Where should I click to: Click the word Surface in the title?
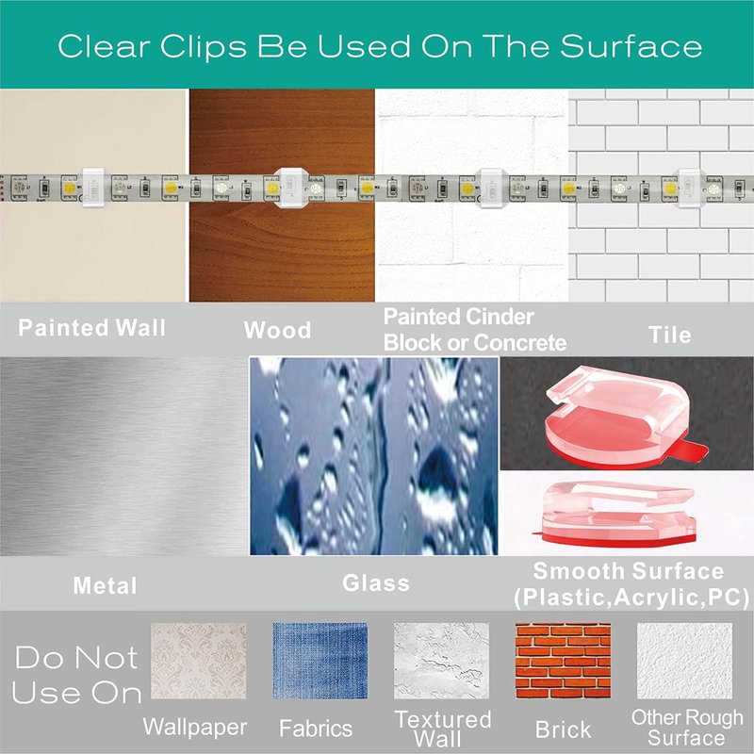point(631,46)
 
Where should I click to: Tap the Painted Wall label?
point(91,328)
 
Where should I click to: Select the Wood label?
point(277,331)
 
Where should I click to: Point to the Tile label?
point(670,335)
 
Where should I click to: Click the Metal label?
point(105,585)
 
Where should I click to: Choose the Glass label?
point(376,582)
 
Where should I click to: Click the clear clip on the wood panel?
point(290,188)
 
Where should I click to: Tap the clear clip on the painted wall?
point(93,188)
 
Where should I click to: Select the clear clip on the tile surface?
point(689,188)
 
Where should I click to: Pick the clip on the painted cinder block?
point(491,188)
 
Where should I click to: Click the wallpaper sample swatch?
point(199,661)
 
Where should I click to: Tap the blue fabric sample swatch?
point(320,661)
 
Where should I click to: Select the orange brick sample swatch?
point(563,661)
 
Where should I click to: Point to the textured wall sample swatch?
point(441,661)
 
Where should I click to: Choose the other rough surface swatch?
point(685,661)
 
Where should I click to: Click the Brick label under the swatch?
point(563,729)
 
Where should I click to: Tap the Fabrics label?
point(316,729)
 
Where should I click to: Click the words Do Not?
point(77,657)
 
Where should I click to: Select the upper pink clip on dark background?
point(624,417)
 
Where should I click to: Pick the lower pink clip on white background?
point(615,514)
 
